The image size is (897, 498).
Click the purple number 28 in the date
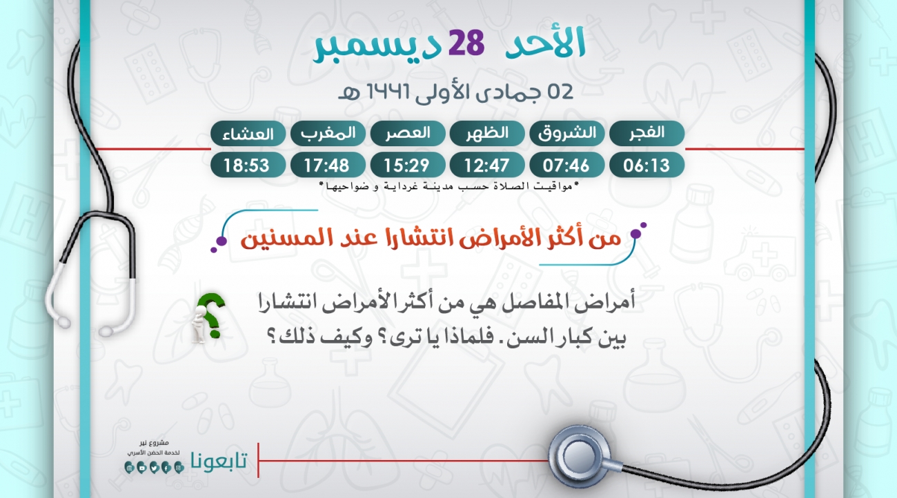(466, 43)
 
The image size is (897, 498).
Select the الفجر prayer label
(647, 133)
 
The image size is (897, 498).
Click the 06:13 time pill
(647, 165)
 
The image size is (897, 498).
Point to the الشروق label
(567, 133)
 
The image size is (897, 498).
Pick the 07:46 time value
(567, 165)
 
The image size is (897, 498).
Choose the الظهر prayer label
(487, 133)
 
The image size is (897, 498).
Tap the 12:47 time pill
(487, 165)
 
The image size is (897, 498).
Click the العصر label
(408, 133)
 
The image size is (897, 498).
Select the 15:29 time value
(408, 165)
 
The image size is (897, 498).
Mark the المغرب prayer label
(328, 133)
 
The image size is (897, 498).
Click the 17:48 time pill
(328, 165)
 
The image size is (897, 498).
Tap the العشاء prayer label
(248, 133)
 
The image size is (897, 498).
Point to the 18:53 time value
(248, 165)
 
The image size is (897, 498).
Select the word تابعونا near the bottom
(219, 461)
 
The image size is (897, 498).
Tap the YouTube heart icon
(141, 468)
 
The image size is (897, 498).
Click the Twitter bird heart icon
(154, 468)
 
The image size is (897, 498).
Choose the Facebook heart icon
(166, 468)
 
